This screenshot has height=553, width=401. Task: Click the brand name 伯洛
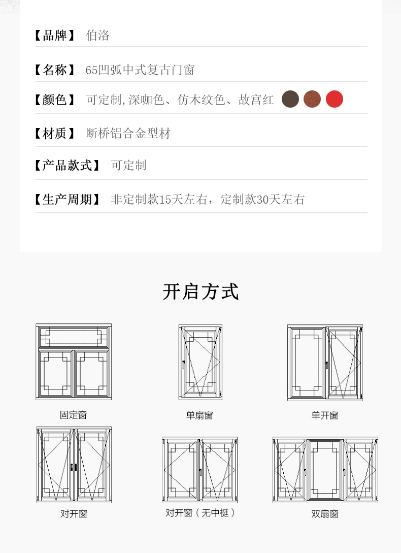(98, 36)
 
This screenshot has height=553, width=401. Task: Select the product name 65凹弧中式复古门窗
(140, 70)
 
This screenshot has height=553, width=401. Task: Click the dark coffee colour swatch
(290, 99)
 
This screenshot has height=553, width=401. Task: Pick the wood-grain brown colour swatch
(312, 99)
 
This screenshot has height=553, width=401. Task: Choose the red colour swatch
(335, 99)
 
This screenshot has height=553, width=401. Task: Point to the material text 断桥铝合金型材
(128, 134)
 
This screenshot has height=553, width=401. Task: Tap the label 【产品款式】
(67, 166)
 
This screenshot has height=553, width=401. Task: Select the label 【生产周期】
(67, 200)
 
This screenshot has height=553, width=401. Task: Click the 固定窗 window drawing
(74, 362)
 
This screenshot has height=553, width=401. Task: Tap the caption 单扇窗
(199, 415)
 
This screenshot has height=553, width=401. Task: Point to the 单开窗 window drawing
(325, 363)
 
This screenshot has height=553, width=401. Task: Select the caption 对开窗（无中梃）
(201, 513)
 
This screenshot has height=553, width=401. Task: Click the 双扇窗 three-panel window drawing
(325, 470)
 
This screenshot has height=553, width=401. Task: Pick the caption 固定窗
(74, 415)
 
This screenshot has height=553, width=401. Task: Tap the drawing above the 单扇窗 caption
(200, 362)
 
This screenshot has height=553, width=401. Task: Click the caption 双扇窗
(325, 514)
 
